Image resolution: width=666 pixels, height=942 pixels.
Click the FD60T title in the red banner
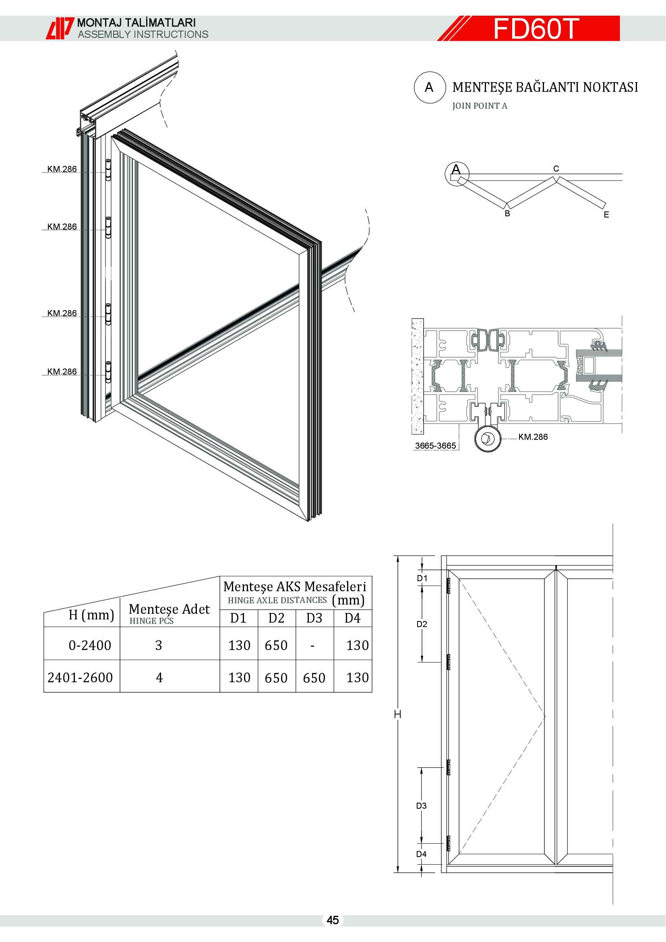pyautogui.click(x=536, y=29)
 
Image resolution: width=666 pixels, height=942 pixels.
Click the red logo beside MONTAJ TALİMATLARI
pyautogui.click(x=60, y=28)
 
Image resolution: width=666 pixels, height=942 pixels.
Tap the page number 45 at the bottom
pyautogui.click(x=333, y=920)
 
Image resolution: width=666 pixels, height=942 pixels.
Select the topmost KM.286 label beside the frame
pyautogui.click(x=62, y=169)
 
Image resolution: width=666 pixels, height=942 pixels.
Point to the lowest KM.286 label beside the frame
pyautogui.click(x=62, y=371)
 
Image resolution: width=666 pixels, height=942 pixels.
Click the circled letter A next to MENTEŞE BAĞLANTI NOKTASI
pyautogui.click(x=429, y=87)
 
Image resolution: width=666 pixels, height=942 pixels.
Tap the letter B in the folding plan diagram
pyautogui.click(x=507, y=213)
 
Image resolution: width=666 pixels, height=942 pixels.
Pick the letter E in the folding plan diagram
pyautogui.click(x=606, y=215)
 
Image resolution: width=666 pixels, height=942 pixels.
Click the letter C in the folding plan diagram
pyautogui.click(x=556, y=169)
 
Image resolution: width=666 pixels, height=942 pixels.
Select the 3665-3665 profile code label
pyautogui.click(x=435, y=445)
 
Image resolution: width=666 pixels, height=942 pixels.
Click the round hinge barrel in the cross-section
pyautogui.click(x=488, y=439)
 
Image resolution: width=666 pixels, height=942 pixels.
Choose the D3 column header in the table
pyautogui.click(x=314, y=618)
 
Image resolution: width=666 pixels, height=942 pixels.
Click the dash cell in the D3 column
pyautogui.click(x=312, y=646)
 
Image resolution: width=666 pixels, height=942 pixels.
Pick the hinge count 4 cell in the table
pyautogui.click(x=159, y=677)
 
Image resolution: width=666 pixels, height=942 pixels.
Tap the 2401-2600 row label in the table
pyautogui.click(x=81, y=677)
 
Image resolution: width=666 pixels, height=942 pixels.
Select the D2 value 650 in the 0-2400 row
pyautogui.click(x=276, y=645)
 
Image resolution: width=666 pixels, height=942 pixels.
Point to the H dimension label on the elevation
pyautogui.click(x=397, y=714)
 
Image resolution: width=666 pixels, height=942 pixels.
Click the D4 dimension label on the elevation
pyautogui.click(x=422, y=854)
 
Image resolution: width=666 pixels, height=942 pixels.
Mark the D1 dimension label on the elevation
pyautogui.click(x=422, y=578)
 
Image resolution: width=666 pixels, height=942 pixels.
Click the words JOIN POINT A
pyautogui.click(x=480, y=106)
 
